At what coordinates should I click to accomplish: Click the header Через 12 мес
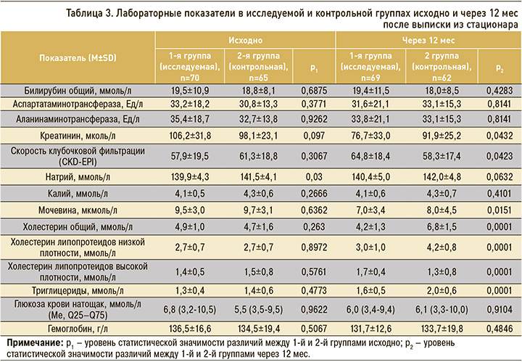[427, 44]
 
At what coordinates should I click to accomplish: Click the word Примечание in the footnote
[34, 342]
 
